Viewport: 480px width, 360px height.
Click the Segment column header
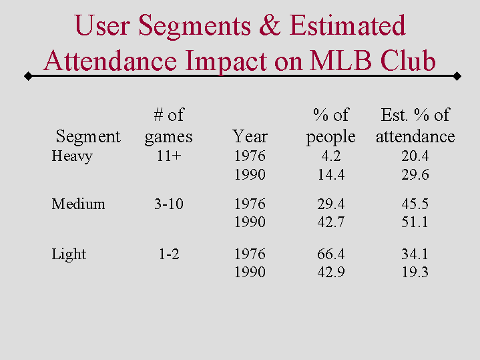click(88, 137)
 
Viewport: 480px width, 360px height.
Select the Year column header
click(250, 137)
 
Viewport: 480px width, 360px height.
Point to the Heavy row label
click(71, 157)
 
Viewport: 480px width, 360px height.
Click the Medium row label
click(78, 204)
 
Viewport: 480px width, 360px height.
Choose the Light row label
click(69, 254)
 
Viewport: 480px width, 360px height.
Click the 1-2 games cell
click(168, 254)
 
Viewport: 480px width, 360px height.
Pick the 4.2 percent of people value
click(330, 156)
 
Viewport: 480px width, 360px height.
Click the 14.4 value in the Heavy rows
click(330, 175)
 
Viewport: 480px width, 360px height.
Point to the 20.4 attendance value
click(415, 156)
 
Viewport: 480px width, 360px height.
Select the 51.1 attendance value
click(415, 222)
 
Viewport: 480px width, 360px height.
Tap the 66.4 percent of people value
click(330, 254)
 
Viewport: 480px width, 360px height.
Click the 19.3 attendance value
click(415, 273)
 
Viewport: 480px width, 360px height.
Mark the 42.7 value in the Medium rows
click(330, 222)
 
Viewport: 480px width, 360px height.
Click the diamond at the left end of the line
click(28, 76)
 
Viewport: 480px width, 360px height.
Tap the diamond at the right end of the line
click(457, 76)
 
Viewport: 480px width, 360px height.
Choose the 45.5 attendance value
click(415, 204)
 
